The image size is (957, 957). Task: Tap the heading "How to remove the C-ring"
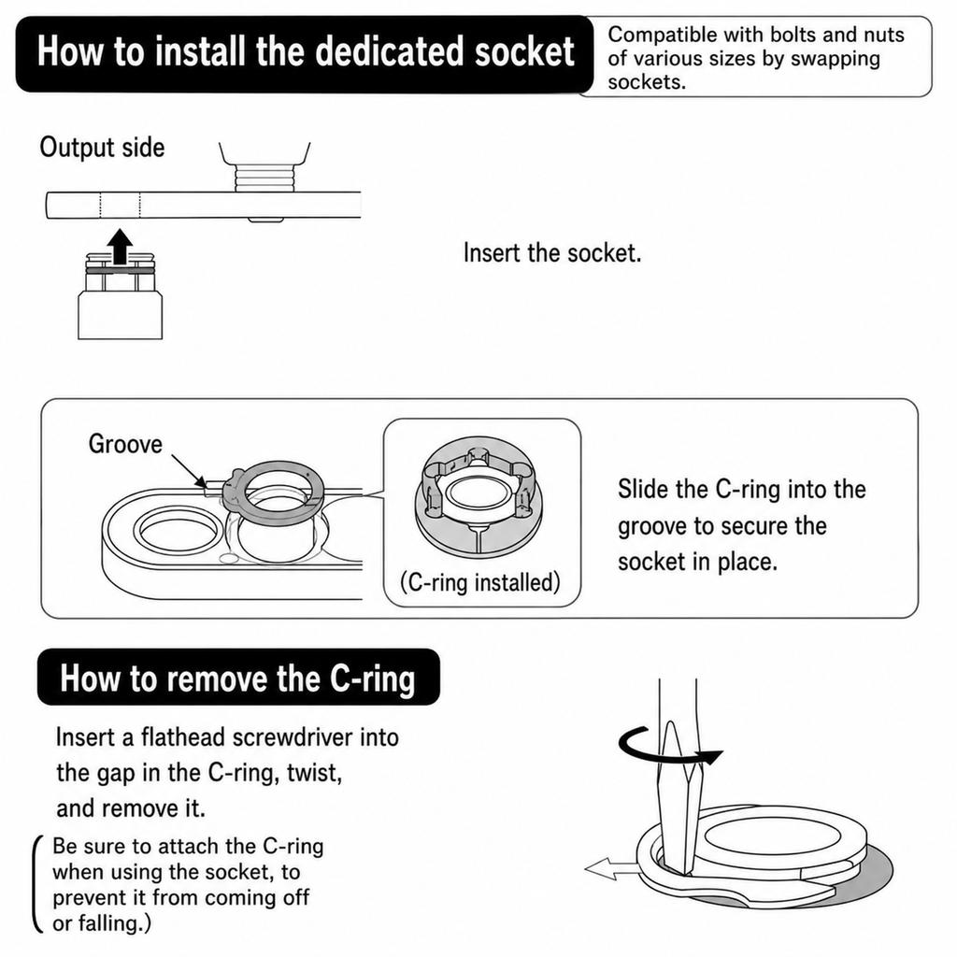pyautogui.click(x=237, y=678)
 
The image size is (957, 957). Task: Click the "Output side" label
pyautogui.click(x=102, y=148)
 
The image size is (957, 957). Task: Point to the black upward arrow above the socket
pyautogui.click(x=121, y=247)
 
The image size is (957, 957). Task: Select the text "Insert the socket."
pyautogui.click(x=552, y=252)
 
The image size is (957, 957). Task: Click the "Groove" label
pyautogui.click(x=125, y=444)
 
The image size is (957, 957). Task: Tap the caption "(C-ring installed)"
pyautogui.click(x=479, y=582)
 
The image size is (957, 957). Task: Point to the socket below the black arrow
pyautogui.click(x=121, y=296)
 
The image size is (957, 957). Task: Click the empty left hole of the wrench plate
pyautogui.click(x=177, y=531)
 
